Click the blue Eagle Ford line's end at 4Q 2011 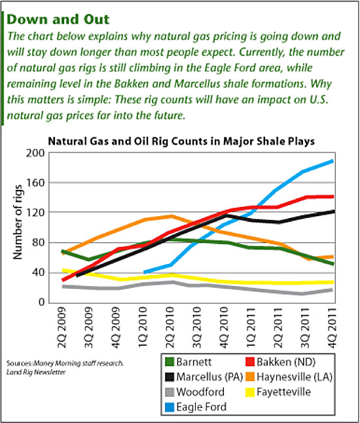point(333,160)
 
